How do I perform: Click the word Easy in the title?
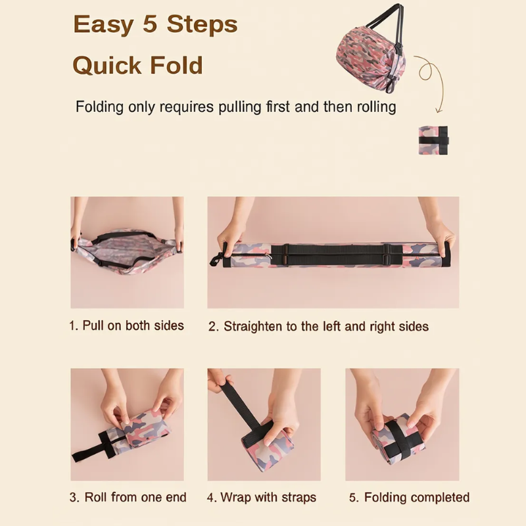click(x=103, y=25)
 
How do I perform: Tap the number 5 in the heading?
click(x=150, y=24)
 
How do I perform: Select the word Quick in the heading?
click(x=107, y=66)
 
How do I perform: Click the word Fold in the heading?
click(x=176, y=65)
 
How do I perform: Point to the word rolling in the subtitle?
click(x=376, y=107)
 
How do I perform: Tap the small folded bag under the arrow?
click(x=433, y=140)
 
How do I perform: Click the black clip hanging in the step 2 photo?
click(x=217, y=258)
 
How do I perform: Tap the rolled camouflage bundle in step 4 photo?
click(x=268, y=442)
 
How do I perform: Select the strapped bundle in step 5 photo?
click(x=398, y=439)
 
